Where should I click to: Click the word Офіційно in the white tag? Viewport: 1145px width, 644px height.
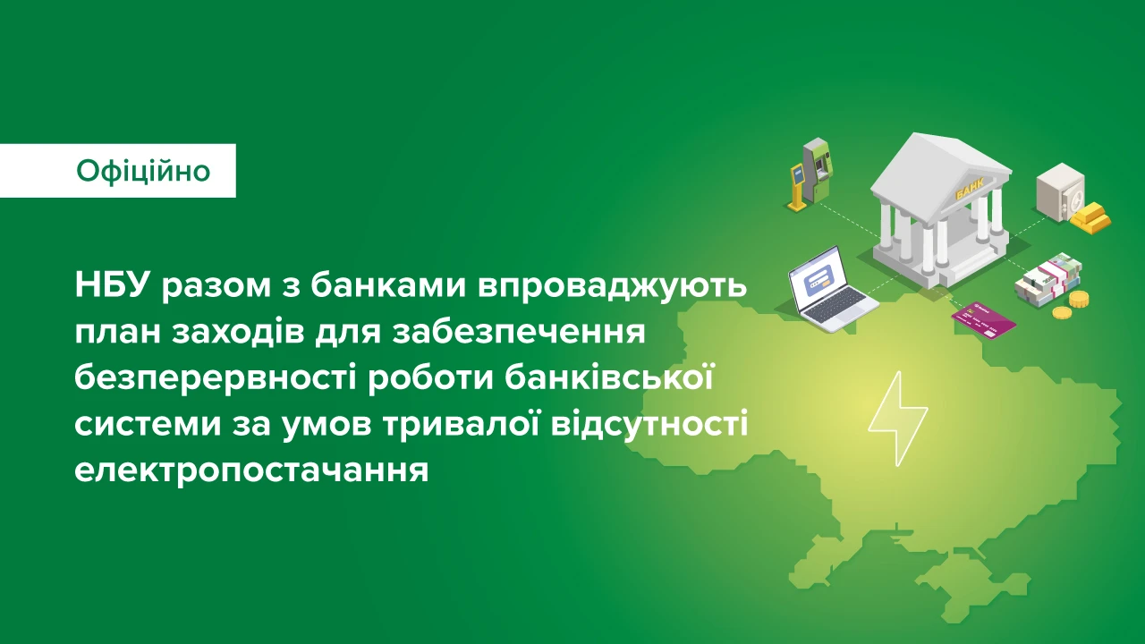point(143,171)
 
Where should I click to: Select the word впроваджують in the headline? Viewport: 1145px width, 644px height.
point(612,287)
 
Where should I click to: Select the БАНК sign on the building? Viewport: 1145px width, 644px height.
point(969,192)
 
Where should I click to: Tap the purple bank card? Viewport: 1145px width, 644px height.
point(983,319)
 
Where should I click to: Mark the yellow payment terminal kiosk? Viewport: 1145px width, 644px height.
point(797,187)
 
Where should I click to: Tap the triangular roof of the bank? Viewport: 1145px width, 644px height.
point(941,170)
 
